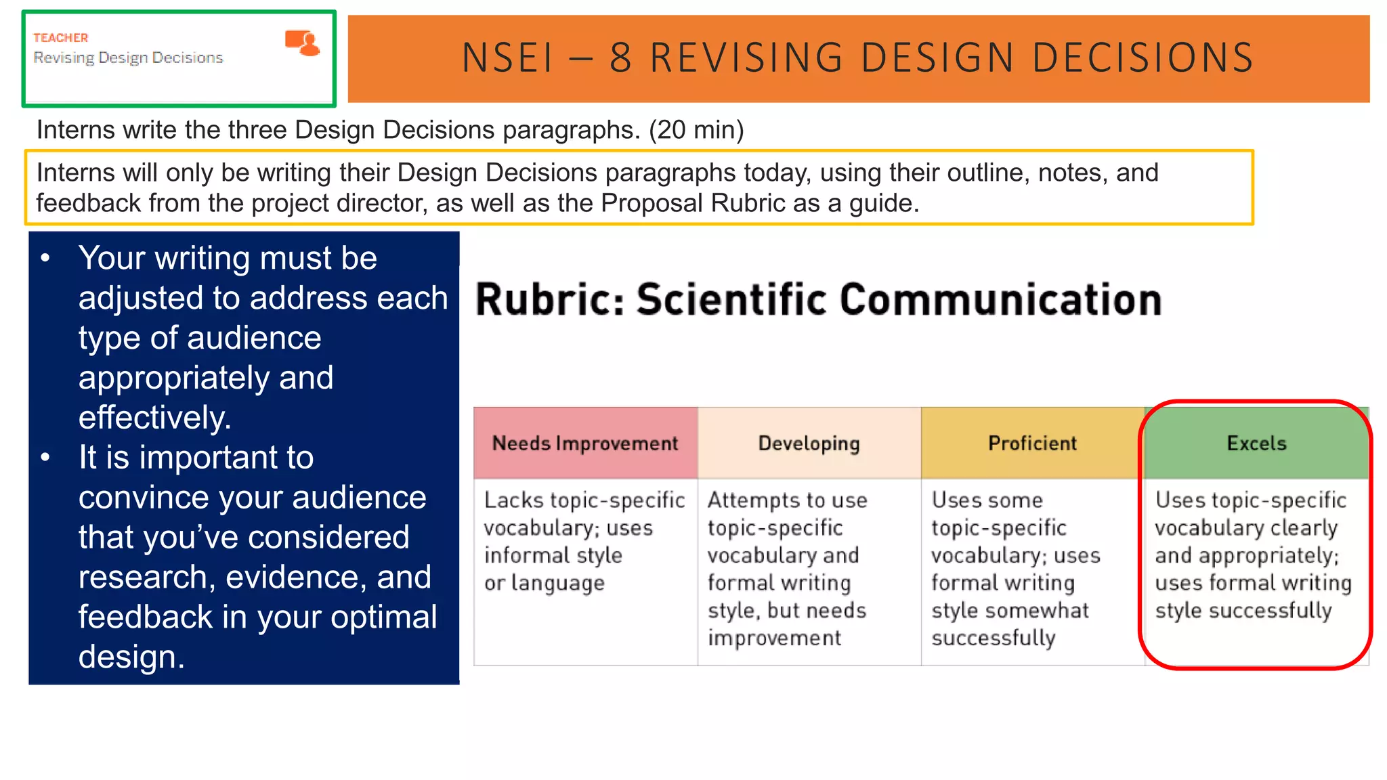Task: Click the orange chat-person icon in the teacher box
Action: [x=302, y=43]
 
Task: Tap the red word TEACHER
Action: [x=61, y=38]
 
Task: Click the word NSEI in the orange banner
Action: [x=507, y=58]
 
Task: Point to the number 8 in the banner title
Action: [x=620, y=58]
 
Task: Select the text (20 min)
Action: [x=696, y=129]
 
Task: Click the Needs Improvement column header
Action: [x=585, y=443]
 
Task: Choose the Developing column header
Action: [x=809, y=443]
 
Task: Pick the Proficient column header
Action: [x=1032, y=443]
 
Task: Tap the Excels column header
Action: [x=1256, y=443]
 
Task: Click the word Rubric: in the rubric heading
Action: [x=549, y=300]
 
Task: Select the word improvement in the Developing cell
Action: [x=774, y=638]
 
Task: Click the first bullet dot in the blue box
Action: [x=45, y=258]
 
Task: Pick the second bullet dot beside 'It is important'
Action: [x=45, y=458]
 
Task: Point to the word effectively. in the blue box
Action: [x=154, y=417]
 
